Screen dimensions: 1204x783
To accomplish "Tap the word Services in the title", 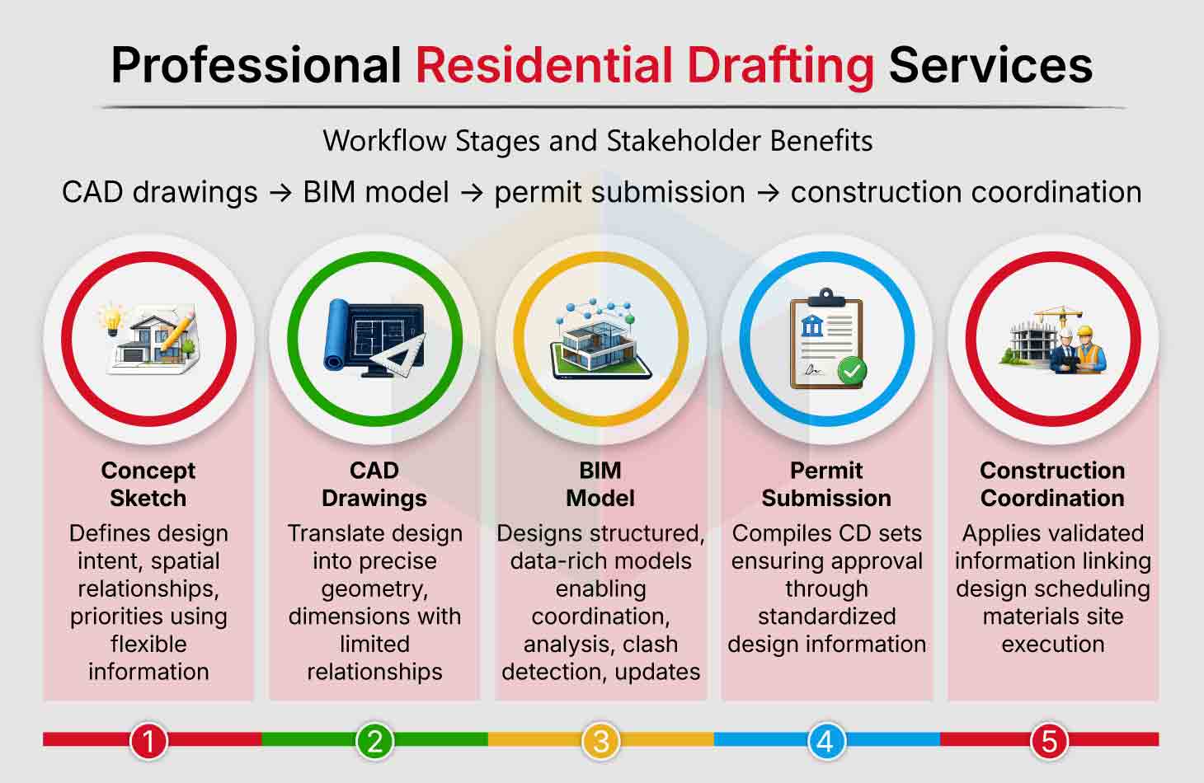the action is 990,65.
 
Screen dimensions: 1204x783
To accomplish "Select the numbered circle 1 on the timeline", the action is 149,741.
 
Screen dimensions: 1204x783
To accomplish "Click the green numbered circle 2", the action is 374,741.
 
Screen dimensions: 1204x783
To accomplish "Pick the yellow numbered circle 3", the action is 601,741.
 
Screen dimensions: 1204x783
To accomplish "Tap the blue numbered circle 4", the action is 826,741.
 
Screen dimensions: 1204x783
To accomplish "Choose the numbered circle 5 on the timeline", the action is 1049,741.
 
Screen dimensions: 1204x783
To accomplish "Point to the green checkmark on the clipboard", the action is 852,371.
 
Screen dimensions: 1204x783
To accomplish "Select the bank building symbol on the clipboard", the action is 811,326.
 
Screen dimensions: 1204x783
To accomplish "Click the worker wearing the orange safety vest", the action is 1089,349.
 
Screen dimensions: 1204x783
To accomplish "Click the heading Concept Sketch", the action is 148,485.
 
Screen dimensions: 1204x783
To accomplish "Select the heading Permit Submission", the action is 826,485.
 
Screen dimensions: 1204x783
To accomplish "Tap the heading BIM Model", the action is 600,485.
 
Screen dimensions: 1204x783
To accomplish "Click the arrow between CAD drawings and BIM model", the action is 280,193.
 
